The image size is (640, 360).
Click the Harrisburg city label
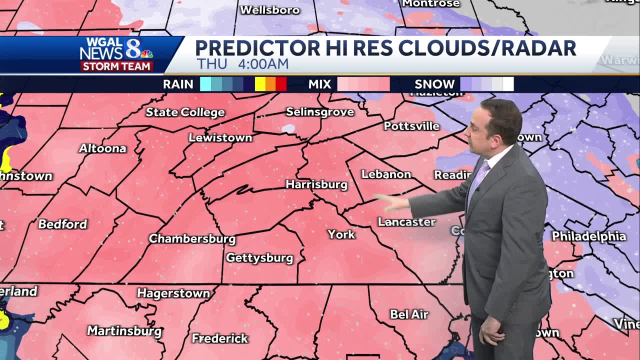click(x=316, y=184)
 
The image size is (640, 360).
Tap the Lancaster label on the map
click(x=406, y=222)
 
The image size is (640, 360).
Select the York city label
click(x=341, y=234)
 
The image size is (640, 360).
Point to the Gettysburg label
click(x=259, y=258)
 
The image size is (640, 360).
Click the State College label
click(x=185, y=112)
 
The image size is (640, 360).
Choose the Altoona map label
click(x=102, y=148)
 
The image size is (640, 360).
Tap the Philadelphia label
click(x=589, y=236)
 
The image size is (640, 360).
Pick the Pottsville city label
click(x=411, y=126)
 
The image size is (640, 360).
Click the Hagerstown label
click(x=173, y=293)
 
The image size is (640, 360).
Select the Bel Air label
click(x=409, y=314)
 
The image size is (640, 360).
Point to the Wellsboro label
click(x=270, y=10)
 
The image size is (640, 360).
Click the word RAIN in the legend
click(x=178, y=84)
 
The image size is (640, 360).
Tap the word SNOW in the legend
click(x=434, y=84)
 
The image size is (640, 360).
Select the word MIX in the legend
click(x=319, y=84)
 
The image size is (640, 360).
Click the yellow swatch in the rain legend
click(x=260, y=84)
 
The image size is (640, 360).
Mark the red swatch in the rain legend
click(x=281, y=84)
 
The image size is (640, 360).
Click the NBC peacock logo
click(x=146, y=54)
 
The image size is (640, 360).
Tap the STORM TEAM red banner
click(x=116, y=66)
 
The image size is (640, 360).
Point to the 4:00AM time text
click(x=263, y=64)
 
